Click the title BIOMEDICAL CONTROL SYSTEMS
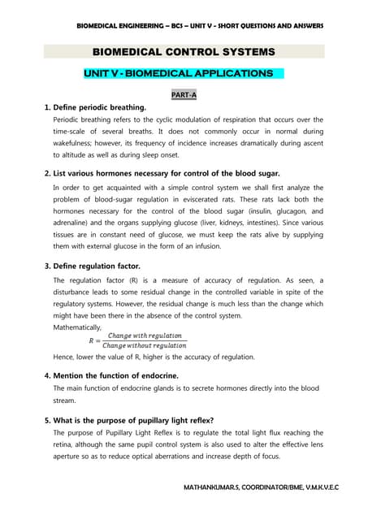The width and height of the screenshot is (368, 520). [x=184, y=52]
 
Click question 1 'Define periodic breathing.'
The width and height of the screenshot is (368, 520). [x=95, y=108]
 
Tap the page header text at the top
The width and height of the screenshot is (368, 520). [x=200, y=26]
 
